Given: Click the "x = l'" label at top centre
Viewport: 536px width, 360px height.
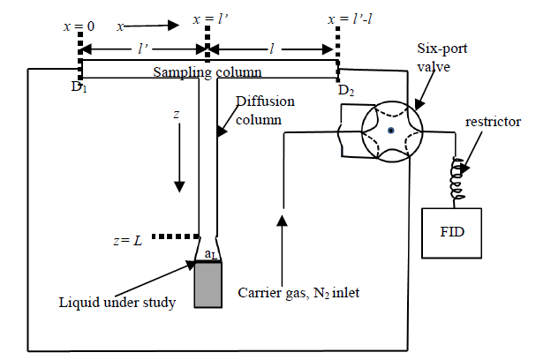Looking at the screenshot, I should click(208, 19).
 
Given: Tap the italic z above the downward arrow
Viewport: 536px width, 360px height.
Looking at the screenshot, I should click(180, 116).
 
